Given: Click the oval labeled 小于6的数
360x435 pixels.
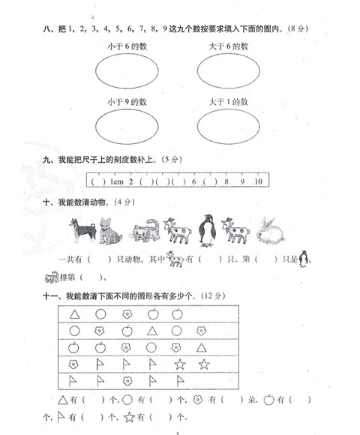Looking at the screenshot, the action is (x=125, y=73).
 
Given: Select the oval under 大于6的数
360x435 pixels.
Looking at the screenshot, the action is (x=229, y=73).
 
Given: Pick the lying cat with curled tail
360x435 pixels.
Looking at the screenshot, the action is (x=142, y=232).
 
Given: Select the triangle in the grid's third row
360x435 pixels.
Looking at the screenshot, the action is (x=202, y=347).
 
